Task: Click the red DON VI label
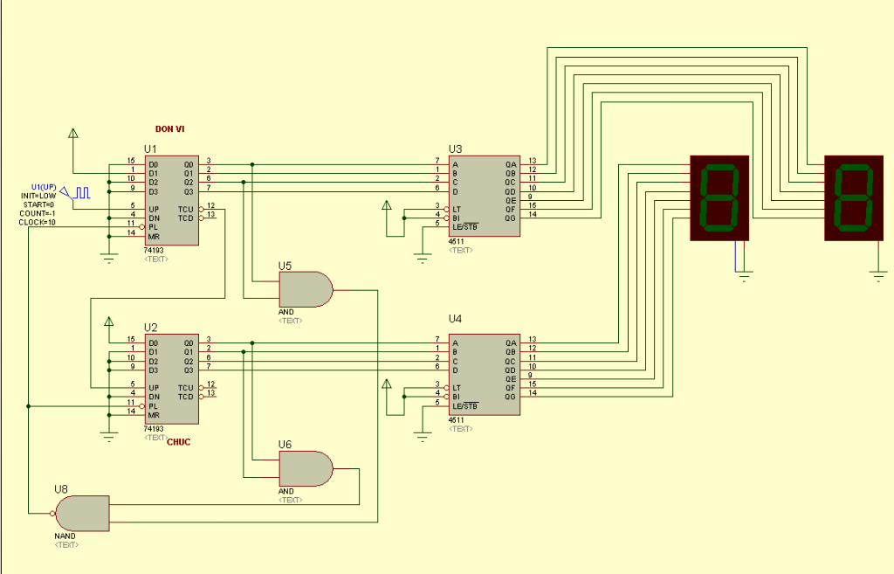(x=169, y=128)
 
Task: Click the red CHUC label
(x=178, y=442)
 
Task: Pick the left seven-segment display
(x=719, y=197)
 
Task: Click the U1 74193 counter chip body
(x=170, y=200)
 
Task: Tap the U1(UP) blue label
(x=44, y=186)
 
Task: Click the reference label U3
(x=456, y=149)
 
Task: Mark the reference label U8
(x=61, y=488)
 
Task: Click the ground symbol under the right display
(x=878, y=275)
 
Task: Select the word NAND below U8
(x=65, y=535)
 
